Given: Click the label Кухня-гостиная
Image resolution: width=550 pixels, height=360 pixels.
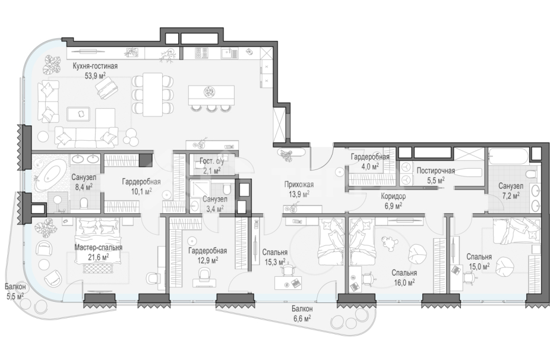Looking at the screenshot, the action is (x=95, y=66).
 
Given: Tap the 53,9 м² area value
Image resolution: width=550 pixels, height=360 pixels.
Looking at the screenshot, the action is (x=96, y=75).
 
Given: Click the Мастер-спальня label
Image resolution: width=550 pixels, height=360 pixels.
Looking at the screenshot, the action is (x=98, y=247).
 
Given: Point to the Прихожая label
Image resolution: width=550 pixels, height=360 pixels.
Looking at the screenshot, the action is (x=299, y=185).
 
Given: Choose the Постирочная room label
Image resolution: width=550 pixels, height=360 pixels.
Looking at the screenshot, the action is (x=435, y=171).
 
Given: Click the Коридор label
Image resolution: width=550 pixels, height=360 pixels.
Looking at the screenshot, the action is (x=393, y=197).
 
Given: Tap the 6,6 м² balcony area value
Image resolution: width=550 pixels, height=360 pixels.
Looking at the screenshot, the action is (x=302, y=318).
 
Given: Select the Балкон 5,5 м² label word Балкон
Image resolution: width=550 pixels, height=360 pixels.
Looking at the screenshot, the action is (x=15, y=287).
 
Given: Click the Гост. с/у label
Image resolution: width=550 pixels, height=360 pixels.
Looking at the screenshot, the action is (x=212, y=162).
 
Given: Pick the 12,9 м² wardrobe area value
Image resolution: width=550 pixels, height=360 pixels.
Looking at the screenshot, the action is (x=207, y=260).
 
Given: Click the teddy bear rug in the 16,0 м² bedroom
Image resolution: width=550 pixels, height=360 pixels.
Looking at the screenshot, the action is (x=388, y=243).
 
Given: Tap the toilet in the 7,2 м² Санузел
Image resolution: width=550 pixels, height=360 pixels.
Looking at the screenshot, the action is (x=531, y=175).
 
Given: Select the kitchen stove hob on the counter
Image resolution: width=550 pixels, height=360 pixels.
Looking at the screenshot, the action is (x=201, y=53).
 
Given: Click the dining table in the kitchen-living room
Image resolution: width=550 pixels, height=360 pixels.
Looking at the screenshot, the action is (x=153, y=94).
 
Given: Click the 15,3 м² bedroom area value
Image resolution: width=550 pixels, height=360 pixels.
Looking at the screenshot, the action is (x=274, y=262).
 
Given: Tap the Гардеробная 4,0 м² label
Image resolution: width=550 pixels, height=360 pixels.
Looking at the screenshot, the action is (x=370, y=162).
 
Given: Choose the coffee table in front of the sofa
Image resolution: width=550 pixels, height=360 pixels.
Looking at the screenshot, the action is (x=78, y=114).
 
